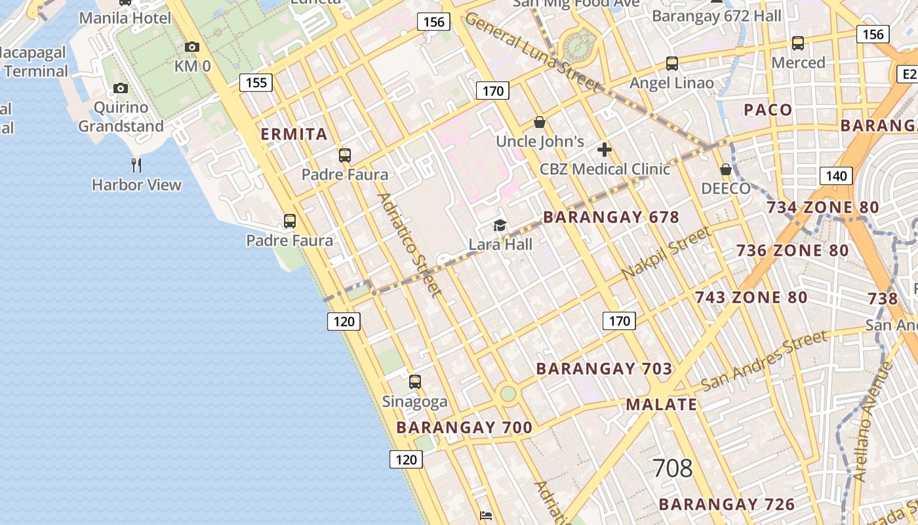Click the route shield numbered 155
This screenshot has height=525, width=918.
click(x=256, y=82)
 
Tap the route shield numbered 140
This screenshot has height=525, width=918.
click(x=836, y=176)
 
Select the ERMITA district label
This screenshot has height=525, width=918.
click(x=294, y=135)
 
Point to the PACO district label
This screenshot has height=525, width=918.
click(x=768, y=110)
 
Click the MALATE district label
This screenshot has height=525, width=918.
click(x=662, y=404)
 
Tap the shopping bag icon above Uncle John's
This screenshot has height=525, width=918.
click(x=540, y=122)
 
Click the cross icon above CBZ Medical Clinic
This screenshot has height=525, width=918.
click(x=605, y=150)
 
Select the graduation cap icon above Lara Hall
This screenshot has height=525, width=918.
click(x=500, y=226)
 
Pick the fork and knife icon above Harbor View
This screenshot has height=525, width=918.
click(x=136, y=165)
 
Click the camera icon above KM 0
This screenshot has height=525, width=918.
click(x=192, y=47)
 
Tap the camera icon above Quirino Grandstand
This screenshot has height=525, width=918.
click(x=120, y=88)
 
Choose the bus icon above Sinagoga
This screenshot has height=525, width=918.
click(x=414, y=381)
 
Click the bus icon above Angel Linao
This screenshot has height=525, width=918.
click(x=672, y=64)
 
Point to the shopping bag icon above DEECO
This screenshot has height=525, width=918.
click(x=726, y=169)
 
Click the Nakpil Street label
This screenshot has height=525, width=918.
click(x=666, y=253)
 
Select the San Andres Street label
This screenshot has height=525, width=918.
click(x=764, y=360)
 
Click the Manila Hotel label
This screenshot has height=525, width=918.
click(x=125, y=18)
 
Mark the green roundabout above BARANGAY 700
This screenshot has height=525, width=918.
click(x=508, y=394)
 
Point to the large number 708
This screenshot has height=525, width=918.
click(x=673, y=469)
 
